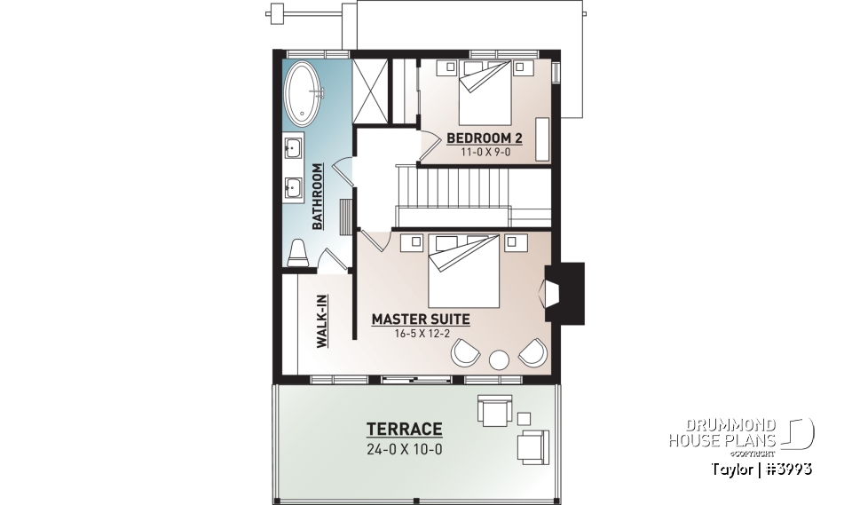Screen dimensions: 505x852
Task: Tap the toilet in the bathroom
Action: click(x=297, y=252)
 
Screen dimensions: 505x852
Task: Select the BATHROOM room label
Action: click(x=317, y=195)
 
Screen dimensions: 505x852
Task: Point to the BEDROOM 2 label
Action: click(x=484, y=138)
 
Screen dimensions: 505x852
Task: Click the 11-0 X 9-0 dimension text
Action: click(x=484, y=153)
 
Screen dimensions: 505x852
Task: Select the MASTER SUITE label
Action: click(x=421, y=319)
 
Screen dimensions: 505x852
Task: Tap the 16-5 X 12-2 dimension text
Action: click(x=421, y=334)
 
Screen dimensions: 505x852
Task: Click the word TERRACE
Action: click(x=404, y=429)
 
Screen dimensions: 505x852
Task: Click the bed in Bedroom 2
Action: click(x=485, y=94)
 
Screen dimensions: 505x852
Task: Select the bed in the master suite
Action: click(x=463, y=271)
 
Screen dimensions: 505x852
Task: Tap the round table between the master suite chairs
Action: click(x=499, y=359)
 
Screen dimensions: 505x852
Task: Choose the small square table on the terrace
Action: click(x=523, y=419)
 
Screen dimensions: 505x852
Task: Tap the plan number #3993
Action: click(x=785, y=468)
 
